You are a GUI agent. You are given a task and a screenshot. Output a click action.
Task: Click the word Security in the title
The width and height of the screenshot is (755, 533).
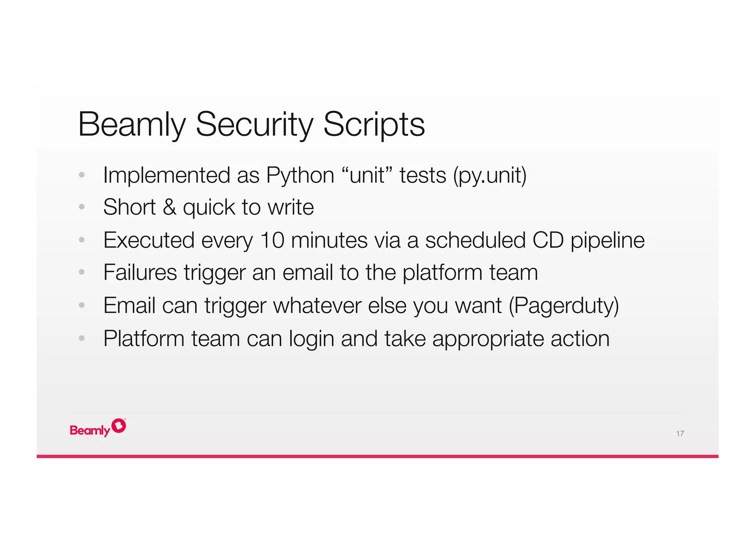click(254, 125)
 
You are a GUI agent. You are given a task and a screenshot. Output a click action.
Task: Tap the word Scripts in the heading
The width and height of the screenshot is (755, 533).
click(374, 125)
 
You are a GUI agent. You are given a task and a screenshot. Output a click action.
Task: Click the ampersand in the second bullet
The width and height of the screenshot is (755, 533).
click(169, 207)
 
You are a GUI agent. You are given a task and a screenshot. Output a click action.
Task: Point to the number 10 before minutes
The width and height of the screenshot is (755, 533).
click(272, 240)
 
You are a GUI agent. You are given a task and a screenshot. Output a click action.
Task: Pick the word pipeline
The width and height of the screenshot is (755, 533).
click(608, 240)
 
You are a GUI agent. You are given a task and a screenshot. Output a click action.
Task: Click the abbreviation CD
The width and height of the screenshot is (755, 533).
click(548, 240)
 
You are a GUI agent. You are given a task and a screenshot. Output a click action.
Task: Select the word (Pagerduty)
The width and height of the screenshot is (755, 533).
click(564, 306)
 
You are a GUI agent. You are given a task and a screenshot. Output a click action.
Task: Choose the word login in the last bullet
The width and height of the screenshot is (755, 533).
click(312, 339)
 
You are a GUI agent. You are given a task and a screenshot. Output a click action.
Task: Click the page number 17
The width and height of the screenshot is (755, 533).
click(680, 434)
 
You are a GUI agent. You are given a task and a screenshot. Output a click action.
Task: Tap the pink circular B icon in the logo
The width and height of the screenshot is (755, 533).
click(119, 426)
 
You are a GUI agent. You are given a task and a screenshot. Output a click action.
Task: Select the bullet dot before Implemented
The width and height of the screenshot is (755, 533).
click(82, 175)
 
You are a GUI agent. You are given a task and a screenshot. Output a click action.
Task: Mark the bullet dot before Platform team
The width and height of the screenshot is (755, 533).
click(82, 338)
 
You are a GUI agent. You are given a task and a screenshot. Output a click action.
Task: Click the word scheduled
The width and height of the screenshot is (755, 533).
click(475, 240)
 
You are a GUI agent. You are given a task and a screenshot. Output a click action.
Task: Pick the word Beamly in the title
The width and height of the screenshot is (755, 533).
click(132, 125)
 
